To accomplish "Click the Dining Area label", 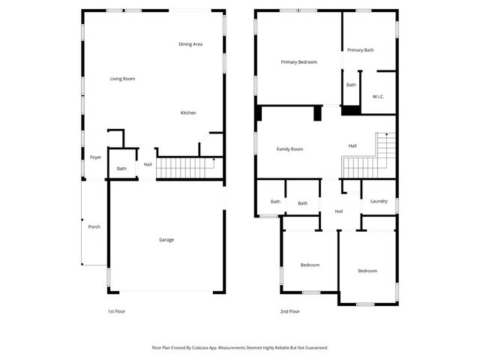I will click(190, 44).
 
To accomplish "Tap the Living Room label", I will click(122, 79).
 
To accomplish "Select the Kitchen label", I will click(188, 113).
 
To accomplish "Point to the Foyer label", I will click(95, 157).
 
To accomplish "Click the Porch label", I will click(94, 226).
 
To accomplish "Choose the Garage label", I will click(166, 240).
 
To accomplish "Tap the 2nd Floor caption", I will click(290, 311).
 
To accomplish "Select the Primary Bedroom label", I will click(300, 62).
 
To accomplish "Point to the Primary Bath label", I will click(360, 50).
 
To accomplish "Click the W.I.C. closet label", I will click(378, 97).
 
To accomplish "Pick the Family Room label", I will click(290, 149).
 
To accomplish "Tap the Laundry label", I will click(379, 201).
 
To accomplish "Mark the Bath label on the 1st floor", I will click(121, 169).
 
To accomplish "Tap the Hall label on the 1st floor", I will click(148, 164).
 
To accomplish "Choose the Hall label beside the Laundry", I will click(339, 211).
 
